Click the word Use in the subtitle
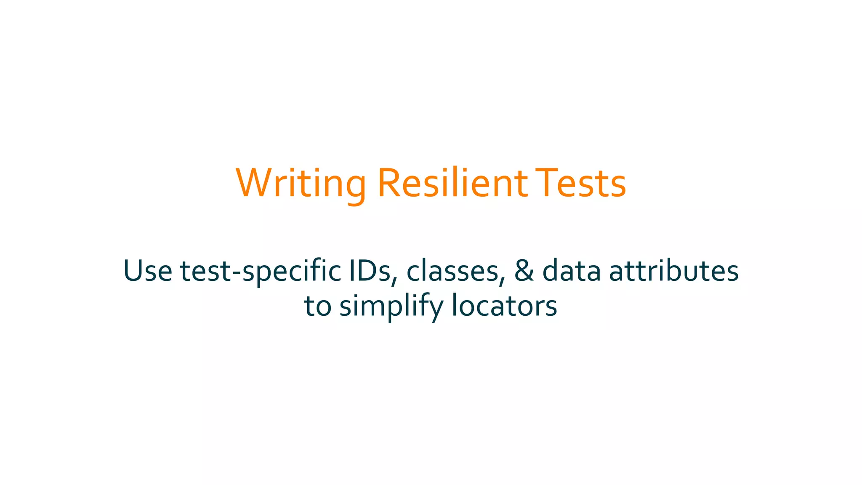pos(148,271)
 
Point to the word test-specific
pos(261,271)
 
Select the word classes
pos(453,271)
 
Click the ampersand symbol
pos(524,271)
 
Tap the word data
pos(572,271)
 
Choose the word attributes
pos(674,271)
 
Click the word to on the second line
pos(317,306)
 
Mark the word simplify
pos(391,306)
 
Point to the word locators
pos(504,306)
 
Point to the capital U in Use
pos(133,271)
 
